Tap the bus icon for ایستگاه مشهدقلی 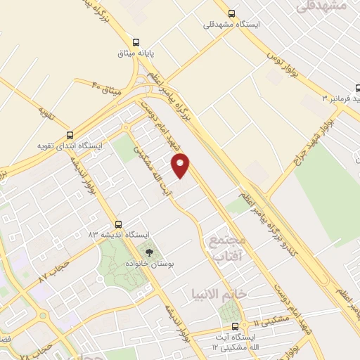[231, 13]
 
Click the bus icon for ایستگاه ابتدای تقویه [69, 134]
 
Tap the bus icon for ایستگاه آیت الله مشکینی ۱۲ [235, 326]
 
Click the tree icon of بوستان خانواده [148, 251]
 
